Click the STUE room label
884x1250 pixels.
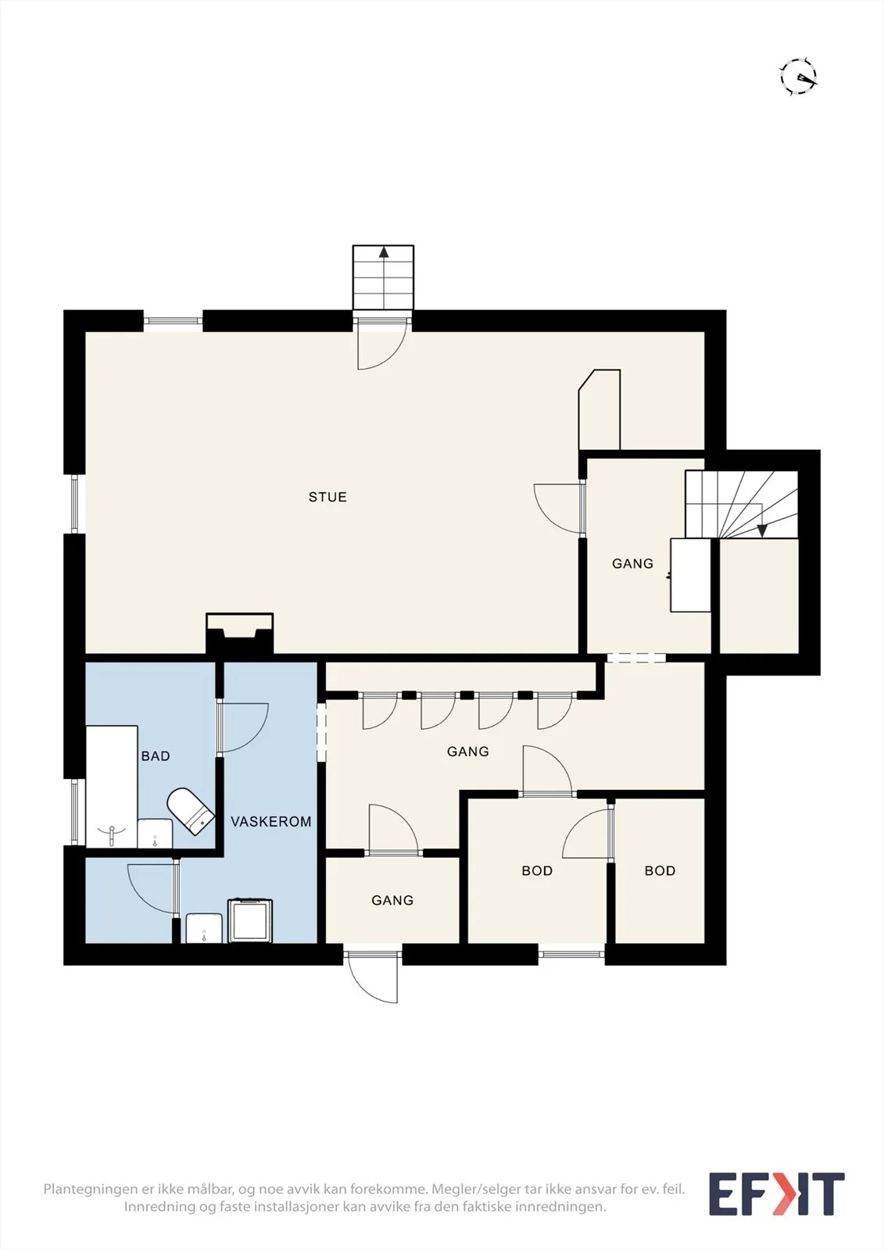(327, 497)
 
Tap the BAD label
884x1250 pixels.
(156, 755)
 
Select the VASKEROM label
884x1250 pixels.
(271, 821)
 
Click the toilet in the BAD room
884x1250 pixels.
(191, 811)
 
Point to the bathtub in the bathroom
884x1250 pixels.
(112, 786)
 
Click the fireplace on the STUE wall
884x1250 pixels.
(240, 634)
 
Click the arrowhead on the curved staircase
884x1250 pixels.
(762, 530)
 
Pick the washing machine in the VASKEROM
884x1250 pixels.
(250, 920)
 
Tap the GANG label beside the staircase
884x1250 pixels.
(632, 563)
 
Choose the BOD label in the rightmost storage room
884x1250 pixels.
(660, 870)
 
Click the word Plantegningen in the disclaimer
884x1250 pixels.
(87, 1189)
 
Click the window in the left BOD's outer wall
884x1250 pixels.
(571, 954)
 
